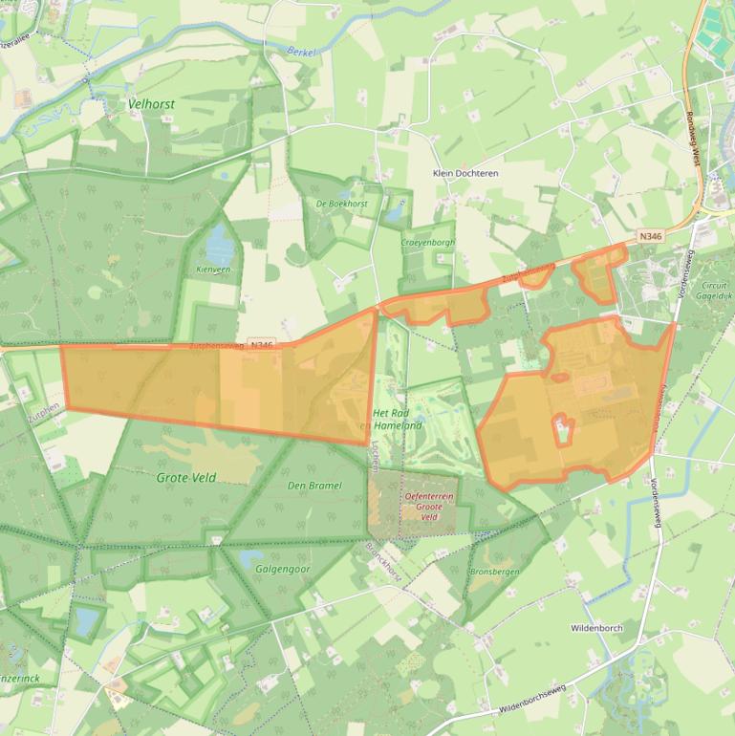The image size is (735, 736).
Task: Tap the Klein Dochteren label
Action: click(x=465, y=174)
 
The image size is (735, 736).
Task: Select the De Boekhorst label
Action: click(x=341, y=205)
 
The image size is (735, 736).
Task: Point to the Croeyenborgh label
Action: click(x=428, y=243)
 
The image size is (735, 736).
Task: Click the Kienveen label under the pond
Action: click(x=214, y=271)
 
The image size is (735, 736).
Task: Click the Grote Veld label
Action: click(x=186, y=477)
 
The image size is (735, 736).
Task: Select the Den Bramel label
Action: click(x=314, y=486)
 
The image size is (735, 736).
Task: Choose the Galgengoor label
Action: click(x=283, y=569)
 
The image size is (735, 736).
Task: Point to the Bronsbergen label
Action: click(x=493, y=573)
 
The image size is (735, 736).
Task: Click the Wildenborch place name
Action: click(x=596, y=628)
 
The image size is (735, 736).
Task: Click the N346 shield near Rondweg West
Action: click(x=650, y=235)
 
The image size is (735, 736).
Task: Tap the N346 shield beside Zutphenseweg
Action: click(x=260, y=344)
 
